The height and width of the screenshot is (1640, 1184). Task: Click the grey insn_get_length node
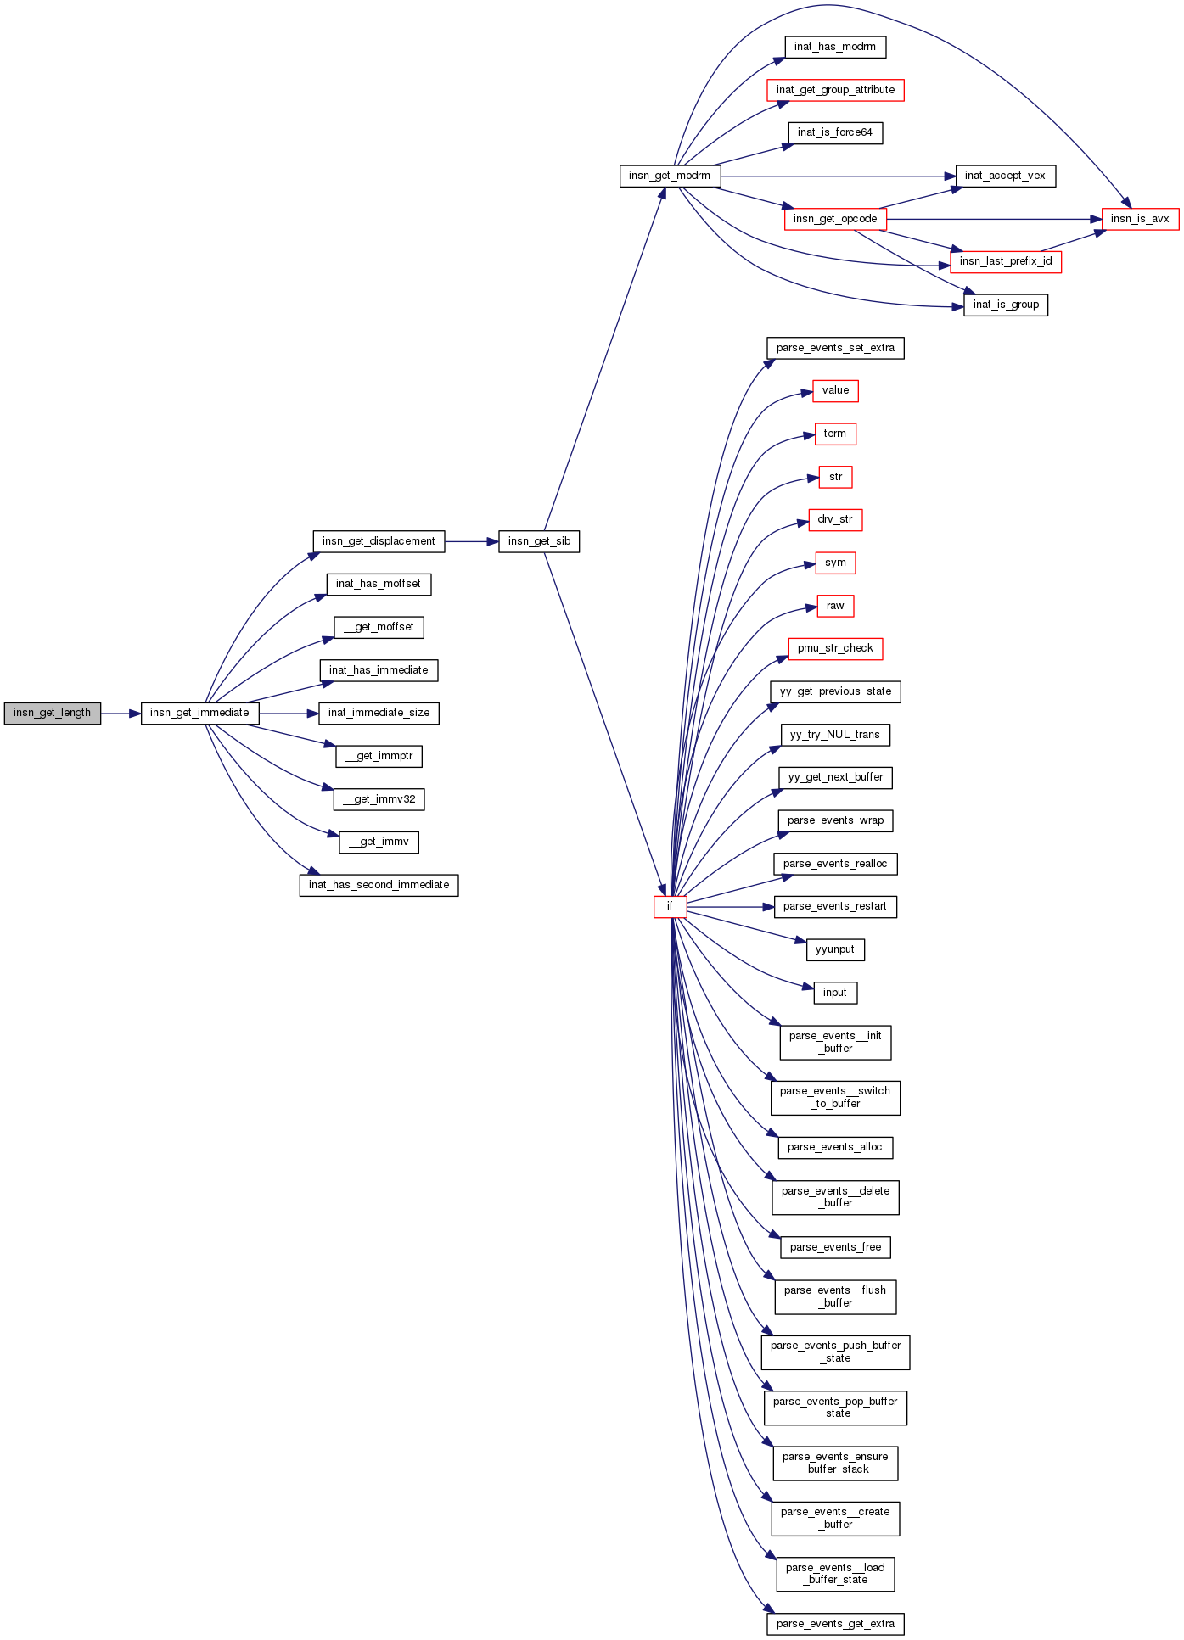[52, 714]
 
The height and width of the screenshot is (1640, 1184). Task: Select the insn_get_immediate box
[199, 714]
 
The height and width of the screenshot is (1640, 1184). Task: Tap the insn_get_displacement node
[379, 541]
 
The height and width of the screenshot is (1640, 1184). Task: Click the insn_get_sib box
[539, 541]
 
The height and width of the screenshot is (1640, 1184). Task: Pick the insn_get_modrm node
[670, 176]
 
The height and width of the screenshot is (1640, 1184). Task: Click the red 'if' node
[670, 907]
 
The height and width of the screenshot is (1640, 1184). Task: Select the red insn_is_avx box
[1139, 219]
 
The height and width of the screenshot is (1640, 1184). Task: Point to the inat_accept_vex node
[1005, 176]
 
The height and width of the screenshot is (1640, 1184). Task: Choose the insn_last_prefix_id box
[1005, 262]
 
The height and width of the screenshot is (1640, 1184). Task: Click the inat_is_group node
[1006, 305]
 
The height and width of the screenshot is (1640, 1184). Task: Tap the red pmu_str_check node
[835, 649]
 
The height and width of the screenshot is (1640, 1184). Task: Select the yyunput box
[835, 950]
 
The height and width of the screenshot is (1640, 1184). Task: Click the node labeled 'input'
[835, 993]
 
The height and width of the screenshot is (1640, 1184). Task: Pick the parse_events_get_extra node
[835, 1624]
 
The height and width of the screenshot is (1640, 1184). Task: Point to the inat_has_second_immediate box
[379, 885]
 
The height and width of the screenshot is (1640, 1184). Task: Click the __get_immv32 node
[379, 799]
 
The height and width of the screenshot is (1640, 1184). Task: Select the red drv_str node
[835, 520]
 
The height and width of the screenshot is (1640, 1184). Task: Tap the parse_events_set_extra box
[835, 348]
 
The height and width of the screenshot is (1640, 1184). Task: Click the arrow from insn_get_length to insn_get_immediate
[121, 714]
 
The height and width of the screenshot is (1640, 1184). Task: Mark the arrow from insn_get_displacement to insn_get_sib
[471, 541]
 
